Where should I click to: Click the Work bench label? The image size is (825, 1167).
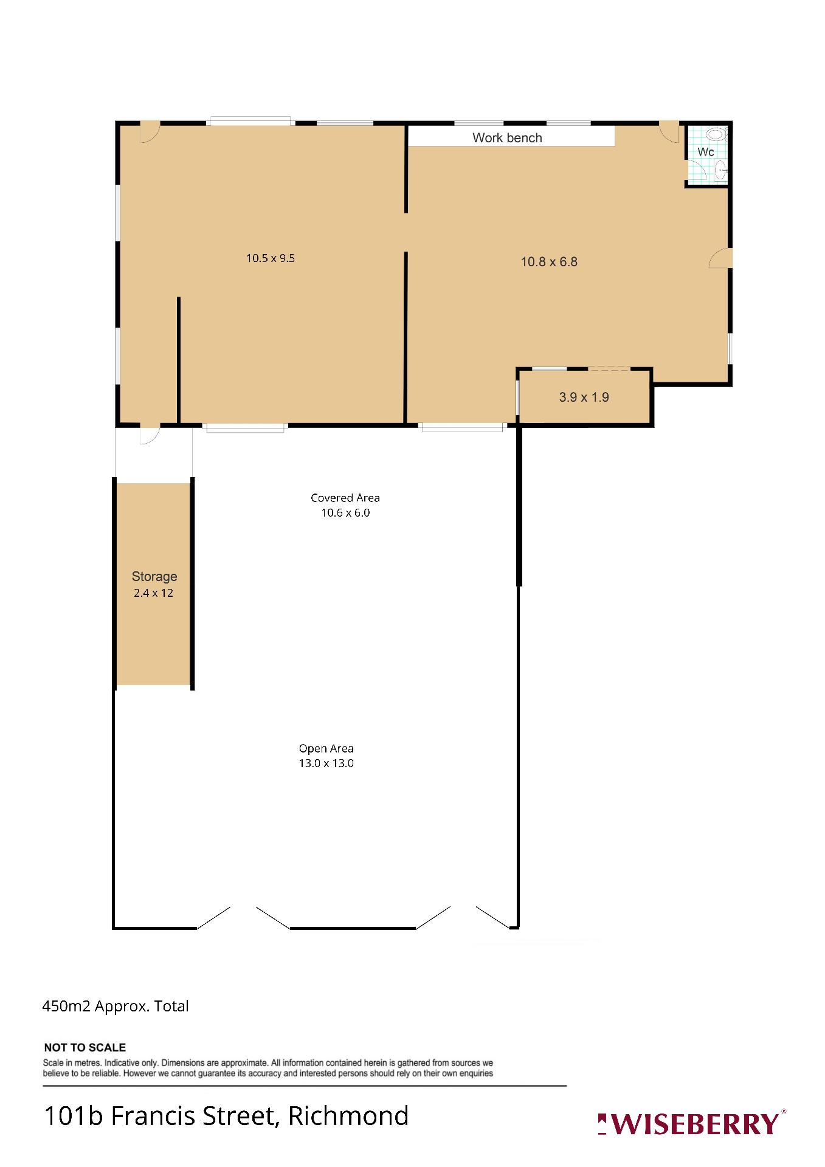click(507, 138)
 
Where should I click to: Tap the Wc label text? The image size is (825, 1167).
click(705, 152)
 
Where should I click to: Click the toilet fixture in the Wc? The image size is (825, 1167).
click(717, 135)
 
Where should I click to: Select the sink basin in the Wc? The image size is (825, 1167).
click(720, 170)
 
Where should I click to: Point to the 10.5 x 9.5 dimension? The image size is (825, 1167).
click(271, 258)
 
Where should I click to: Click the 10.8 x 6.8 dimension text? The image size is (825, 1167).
click(549, 262)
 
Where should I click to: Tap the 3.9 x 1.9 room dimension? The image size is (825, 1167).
click(584, 398)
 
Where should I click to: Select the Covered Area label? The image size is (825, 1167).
click(345, 498)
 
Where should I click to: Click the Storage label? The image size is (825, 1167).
click(154, 576)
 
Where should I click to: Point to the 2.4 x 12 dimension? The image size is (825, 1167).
click(154, 593)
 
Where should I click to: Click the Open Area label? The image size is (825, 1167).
click(326, 749)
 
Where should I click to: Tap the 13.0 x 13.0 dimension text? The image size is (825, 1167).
click(326, 763)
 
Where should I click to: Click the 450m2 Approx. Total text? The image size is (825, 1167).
click(116, 1007)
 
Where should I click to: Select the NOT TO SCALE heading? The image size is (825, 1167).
click(85, 1047)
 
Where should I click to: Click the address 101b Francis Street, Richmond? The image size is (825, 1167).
click(226, 1116)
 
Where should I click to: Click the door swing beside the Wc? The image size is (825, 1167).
click(670, 132)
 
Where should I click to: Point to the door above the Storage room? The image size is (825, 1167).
click(150, 435)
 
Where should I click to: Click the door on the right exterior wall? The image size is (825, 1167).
click(720, 258)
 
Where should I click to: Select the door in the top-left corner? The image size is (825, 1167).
click(150, 132)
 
